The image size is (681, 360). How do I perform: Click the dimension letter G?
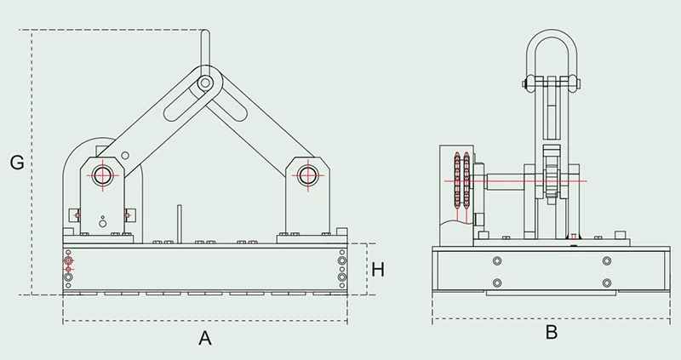tap(15, 161)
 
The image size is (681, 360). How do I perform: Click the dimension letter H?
tap(378, 270)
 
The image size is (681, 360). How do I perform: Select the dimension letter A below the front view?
tap(204, 338)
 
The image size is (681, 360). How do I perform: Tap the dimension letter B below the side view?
tap(551, 333)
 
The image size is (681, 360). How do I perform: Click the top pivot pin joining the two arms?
tap(204, 83)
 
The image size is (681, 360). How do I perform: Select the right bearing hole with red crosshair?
tap(304, 175)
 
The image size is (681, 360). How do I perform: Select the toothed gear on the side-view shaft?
tap(551, 180)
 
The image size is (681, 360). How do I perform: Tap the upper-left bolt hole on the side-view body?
tap(497, 260)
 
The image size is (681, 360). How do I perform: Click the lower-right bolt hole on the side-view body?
tap(606, 283)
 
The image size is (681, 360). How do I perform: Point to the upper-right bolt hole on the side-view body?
tap(606, 260)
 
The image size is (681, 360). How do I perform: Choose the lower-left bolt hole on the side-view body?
tap(497, 283)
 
